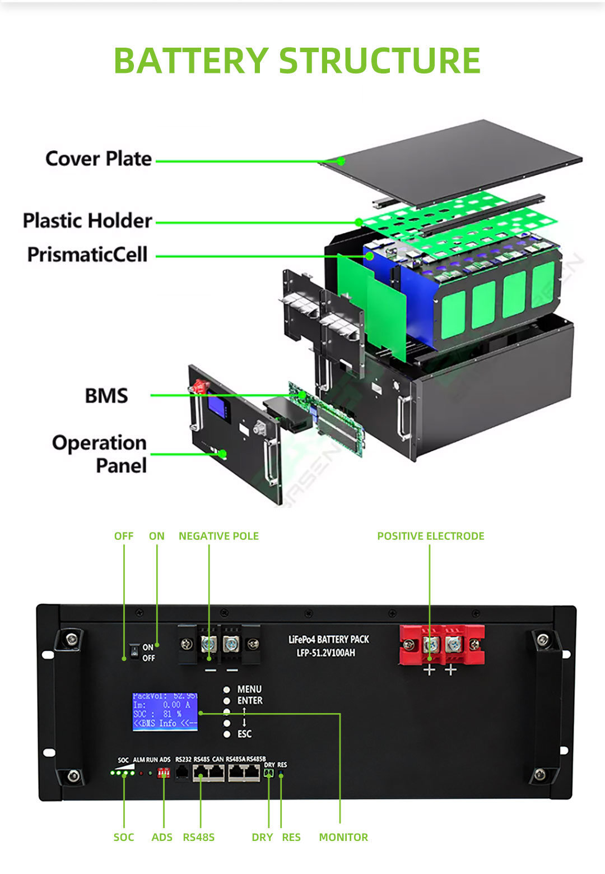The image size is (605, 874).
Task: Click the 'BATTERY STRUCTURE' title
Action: click(297, 61)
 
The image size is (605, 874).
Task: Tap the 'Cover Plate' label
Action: click(99, 159)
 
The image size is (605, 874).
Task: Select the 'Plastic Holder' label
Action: click(87, 220)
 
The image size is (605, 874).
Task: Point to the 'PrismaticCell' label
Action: click(87, 255)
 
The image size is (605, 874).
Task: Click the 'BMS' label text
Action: click(106, 396)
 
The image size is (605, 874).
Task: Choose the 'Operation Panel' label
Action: click(100, 454)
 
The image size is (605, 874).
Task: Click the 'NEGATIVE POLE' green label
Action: click(218, 536)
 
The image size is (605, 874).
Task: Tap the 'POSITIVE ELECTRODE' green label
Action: click(430, 536)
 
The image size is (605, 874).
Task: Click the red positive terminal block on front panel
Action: click(441, 645)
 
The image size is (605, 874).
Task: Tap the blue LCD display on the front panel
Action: click(165, 711)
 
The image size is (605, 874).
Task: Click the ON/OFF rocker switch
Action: click(134, 651)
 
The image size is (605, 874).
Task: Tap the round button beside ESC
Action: click(227, 734)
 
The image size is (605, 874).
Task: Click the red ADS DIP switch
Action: click(164, 773)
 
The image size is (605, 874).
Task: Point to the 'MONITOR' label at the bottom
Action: click(343, 837)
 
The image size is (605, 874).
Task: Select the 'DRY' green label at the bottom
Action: click(262, 837)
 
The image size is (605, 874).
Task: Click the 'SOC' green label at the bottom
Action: click(124, 837)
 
